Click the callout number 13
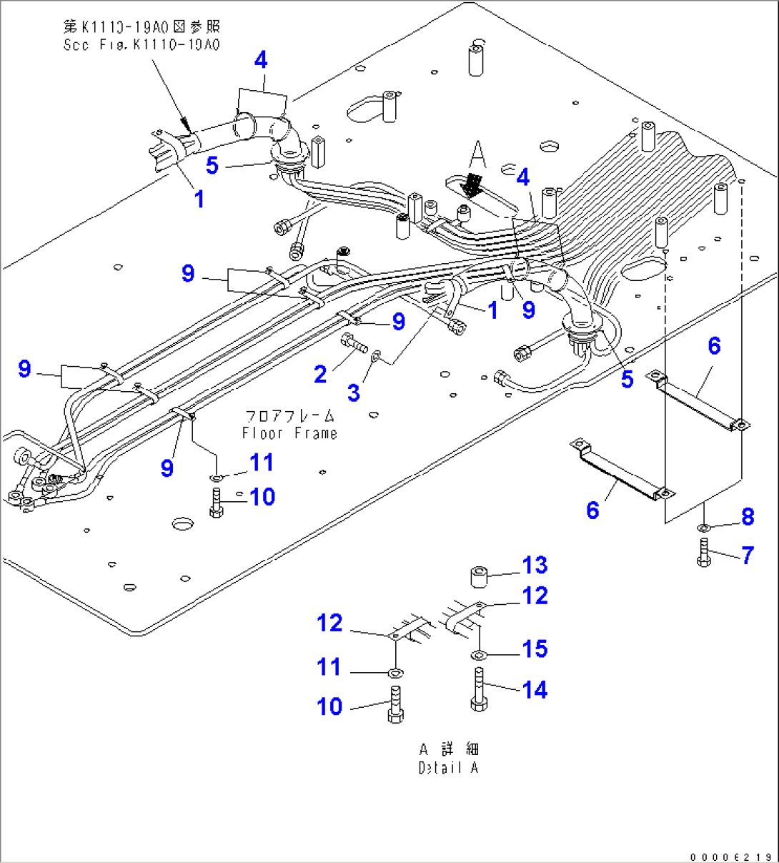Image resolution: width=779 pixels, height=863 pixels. click(535, 566)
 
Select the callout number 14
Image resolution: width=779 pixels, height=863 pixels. click(535, 690)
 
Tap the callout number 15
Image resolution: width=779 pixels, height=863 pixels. click(535, 649)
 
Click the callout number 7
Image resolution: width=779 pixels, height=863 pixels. click(748, 555)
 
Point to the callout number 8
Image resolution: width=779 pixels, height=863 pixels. click(748, 516)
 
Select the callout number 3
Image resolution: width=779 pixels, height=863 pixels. click(354, 393)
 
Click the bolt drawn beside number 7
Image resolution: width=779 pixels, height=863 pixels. click(703, 553)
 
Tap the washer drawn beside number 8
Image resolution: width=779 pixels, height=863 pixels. click(703, 528)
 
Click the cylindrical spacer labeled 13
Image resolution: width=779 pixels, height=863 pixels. click(480, 576)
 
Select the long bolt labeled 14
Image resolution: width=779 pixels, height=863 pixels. click(479, 689)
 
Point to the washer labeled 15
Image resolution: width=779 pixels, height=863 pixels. click(479, 654)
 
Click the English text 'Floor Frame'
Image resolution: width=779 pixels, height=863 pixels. click(289, 433)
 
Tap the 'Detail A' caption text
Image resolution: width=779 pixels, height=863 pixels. click(448, 768)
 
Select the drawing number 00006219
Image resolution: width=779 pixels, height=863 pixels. click(731, 856)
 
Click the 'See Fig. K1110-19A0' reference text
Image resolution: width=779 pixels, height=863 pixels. click(142, 44)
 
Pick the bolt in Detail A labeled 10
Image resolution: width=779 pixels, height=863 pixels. click(395, 705)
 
